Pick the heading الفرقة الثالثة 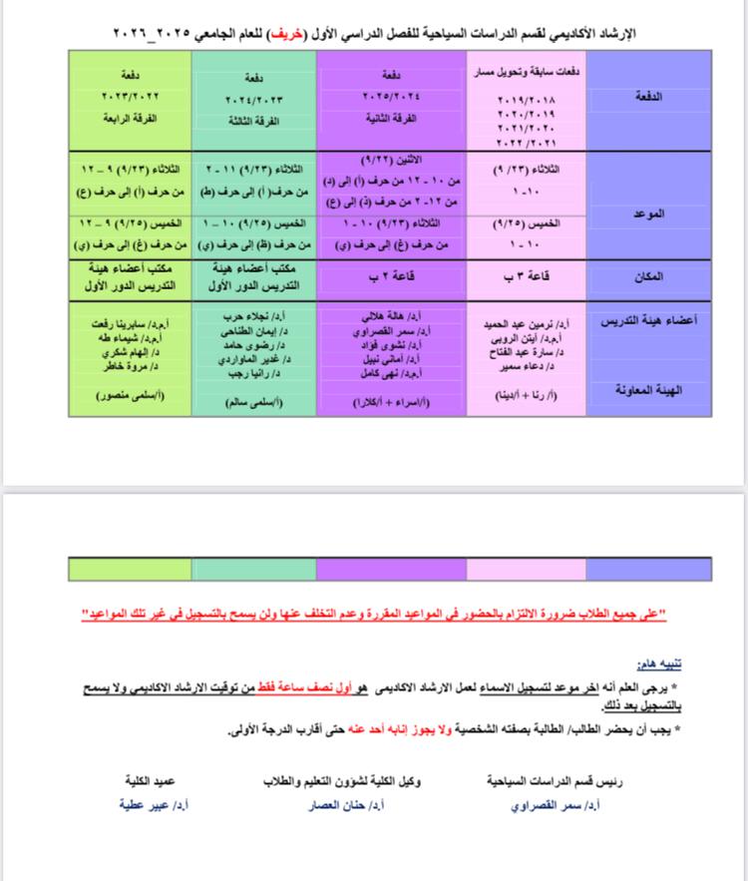[255, 117]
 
